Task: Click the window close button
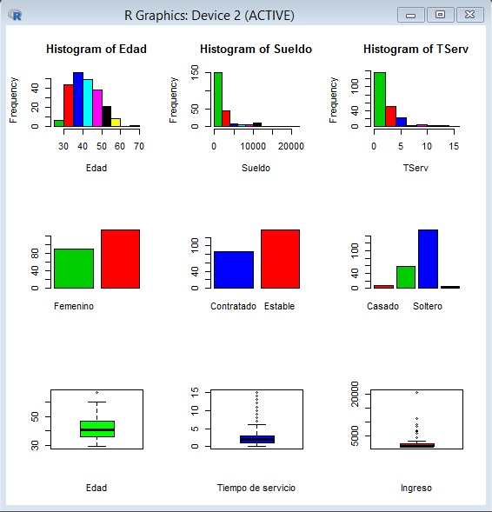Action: [469, 15]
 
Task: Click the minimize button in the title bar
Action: [410, 15]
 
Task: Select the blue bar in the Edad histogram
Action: [78, 99]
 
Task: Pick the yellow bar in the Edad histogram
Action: [116, 123]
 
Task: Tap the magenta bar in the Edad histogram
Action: [97, 108]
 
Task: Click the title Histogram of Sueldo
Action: [256, 49]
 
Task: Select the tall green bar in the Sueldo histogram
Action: [218, 99]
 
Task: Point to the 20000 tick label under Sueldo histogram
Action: [291, 146]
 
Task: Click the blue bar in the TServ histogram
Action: [402, 122]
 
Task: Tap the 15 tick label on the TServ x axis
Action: [454, 146]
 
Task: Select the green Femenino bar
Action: [74, 269]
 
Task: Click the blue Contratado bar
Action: [234, 269]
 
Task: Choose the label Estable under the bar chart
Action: [279, 306]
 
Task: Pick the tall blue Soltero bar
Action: [428, 259]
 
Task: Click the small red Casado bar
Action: [383, 287]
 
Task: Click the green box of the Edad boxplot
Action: [97, 429]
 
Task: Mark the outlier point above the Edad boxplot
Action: [97, 393]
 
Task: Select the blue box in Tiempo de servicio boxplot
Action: [257, 439]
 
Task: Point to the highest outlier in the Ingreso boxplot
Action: [417, 393]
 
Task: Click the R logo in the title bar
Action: [15, 15]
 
